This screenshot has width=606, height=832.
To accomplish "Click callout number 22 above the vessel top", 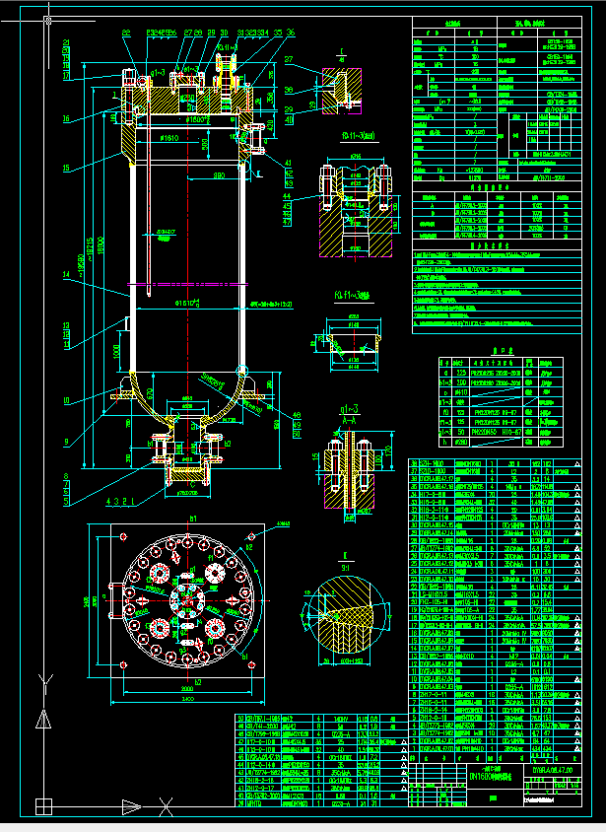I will [126, 34].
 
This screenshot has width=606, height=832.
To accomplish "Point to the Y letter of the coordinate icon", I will [40, 679].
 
